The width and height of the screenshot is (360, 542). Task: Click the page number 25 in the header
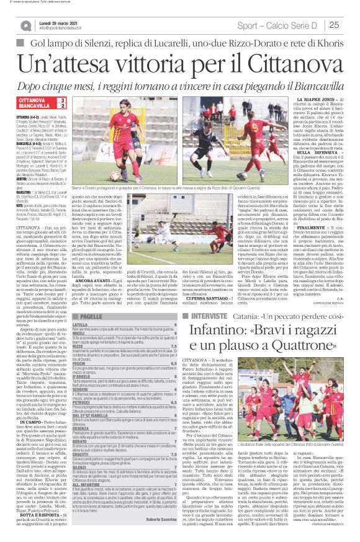(345, 24)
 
